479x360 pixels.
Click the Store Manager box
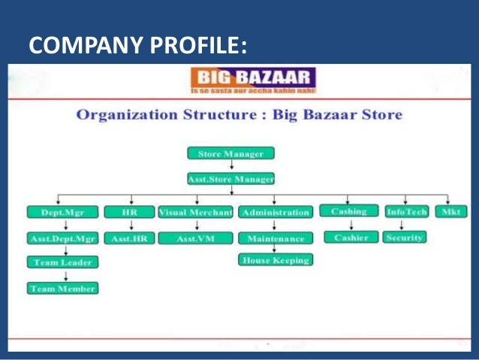pyautogui.click(x=230, y=153)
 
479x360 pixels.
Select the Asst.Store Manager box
pyautogui.click(x=230, y=179)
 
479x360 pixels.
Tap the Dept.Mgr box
pyautogui.click(x=63, y=213)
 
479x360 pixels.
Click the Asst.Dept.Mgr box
pyautogui.click(x=63, y=239)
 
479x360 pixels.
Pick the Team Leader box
pyautogui.click(x=63, y=262)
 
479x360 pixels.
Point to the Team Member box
pyautogui.click(x=63, y=288)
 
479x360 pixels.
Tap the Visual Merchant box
pyautogui.click(x=196, y=213)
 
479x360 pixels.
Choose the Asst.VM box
pyautogui.click(x=196, y=239)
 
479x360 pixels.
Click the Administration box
pyautogui.click(x=276, y=213)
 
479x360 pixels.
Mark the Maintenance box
pyautogui.click(x=276, y=239)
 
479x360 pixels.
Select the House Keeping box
pyautogui.click(x=276, y=260)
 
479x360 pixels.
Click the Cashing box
pyautogui.click(x=348, y=212)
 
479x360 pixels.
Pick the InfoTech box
pyautogui.click(x=406, y=212)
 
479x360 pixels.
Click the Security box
pyautogui.click(x=405, y=237)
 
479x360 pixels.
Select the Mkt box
pyautogui.click(x=451, y=212)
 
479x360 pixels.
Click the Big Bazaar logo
pyautogui.click(x=252, y=80)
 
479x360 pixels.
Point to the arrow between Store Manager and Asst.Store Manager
pyautogui.click(x=230, y=166)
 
